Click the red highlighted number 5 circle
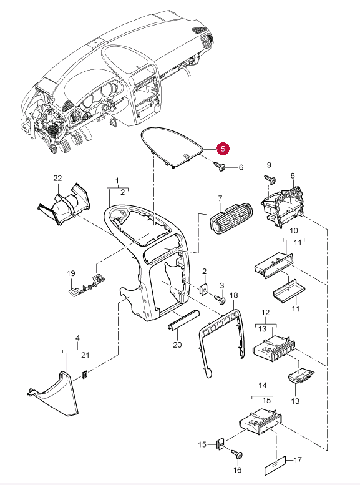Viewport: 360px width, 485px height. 223,149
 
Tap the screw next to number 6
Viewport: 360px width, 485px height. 221,167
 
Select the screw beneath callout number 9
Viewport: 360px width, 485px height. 270,179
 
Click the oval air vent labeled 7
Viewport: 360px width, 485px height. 231,218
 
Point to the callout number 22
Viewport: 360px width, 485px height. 57,178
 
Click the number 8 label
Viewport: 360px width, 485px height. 293,175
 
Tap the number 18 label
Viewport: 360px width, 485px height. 234,295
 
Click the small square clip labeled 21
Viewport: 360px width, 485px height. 85,374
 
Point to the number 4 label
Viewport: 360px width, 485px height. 77,338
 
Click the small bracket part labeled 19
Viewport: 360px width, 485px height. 86,284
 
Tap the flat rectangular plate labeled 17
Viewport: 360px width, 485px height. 275,466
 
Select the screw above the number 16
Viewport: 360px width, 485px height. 237,455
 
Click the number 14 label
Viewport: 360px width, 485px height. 263,385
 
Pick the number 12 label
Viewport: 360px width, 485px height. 265,312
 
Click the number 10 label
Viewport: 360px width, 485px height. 294,231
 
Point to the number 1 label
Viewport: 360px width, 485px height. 117,180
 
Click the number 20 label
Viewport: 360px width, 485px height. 177,345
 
